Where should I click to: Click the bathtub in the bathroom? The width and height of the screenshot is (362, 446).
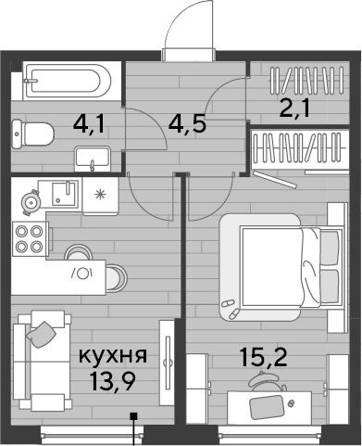point(67,81)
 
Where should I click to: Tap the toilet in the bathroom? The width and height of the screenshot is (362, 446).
point(32,134)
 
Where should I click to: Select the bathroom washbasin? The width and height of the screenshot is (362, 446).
point(93,159)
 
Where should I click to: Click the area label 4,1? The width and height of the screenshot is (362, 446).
point(90,125)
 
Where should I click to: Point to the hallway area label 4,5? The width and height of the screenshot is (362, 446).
point(187,124)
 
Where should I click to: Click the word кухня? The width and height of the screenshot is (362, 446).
point(113,355)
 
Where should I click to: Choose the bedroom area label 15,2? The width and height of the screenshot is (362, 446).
point(264,357)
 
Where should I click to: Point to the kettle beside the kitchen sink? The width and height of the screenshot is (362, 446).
point(31,202)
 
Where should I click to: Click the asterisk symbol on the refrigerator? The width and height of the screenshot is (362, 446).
point(100,194)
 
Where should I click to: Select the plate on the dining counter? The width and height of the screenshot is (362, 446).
point(82,274)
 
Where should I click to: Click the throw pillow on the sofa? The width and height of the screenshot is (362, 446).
point(42,334)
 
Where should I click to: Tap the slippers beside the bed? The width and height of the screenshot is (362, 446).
point(231,309)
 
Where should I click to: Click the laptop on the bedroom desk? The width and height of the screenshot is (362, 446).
point(267,407)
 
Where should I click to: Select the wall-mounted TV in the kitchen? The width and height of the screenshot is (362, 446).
point(168,363)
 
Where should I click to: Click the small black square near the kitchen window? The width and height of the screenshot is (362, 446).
point(133,416)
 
